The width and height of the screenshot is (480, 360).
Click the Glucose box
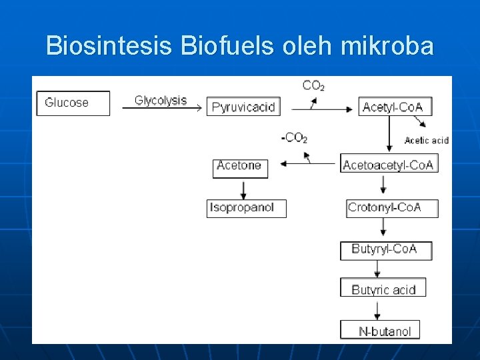pyautogui.click(x=73, y=103)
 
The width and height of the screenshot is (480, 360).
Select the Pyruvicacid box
pyautogui.click(x=243, y=107)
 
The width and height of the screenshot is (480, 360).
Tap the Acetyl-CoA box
pyautogui.click(x=393, y=107)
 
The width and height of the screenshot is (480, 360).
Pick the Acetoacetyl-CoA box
pyautogui.click(x=389, y=165)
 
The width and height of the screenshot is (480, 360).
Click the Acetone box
pyautogui.click(x=240, y=167)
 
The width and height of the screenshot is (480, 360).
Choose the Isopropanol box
pyautogui.click(x=245, y=208)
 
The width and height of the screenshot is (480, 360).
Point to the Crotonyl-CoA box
pyautogui.click(x=392, y=208)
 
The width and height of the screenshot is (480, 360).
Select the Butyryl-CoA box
pyautogui.click(x=385, y=250)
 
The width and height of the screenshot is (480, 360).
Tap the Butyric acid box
pyautogui.click(x=383, y=289)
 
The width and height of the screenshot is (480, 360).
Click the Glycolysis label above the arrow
pyautogui.click(x=161, y=100)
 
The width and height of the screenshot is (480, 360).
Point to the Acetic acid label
pyautogui.click(x=426, y=140)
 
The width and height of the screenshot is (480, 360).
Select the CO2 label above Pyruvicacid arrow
pyautogui.click(x=313, y=85)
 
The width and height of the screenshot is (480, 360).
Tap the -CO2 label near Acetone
pyautogui.click(x=294, y=138)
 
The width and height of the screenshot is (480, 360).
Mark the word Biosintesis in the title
pyautogui.click(x=109, y=46)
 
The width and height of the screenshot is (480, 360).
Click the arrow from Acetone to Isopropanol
pyautogui.click(x=243, y=189)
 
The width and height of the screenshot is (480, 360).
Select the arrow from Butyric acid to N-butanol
pyautogui.click(x=378, y=309)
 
